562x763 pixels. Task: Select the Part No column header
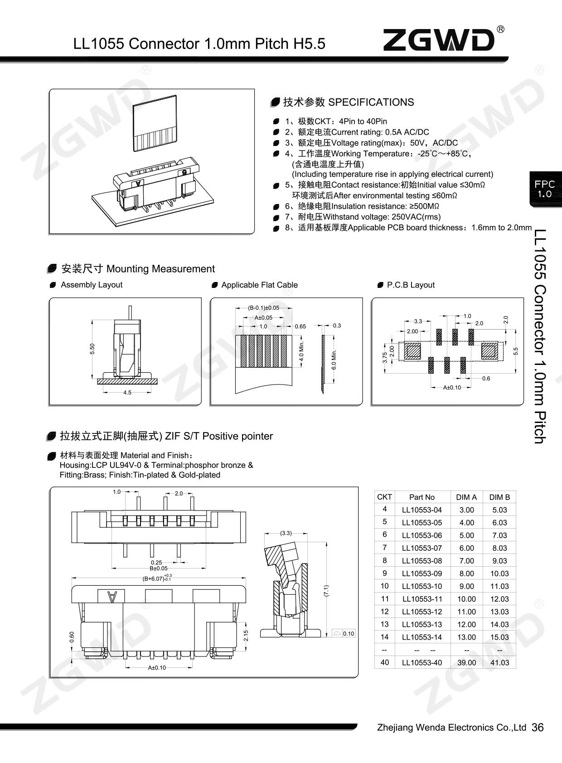[421, 497]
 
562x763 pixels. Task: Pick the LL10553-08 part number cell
[421, 560]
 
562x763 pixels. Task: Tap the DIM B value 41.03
[499, 662]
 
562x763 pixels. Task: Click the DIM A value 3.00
[466, 510]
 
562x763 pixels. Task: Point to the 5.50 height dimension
[92, 349]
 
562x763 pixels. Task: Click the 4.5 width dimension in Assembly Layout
[127, 393]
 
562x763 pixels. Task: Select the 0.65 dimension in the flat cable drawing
[300, 326]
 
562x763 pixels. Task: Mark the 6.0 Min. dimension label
[334, 360]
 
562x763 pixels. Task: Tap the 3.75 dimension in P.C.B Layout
[385, 358]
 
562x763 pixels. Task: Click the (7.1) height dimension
[326, 590]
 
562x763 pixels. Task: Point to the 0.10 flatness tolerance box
[344, 633]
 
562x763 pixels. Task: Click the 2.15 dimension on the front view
[246, 635]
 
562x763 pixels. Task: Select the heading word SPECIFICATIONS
[371, 102]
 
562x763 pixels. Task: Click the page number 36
[537, 728]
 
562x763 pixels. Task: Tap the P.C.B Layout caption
[411, 285]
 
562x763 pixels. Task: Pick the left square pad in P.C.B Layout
[413, 351]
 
